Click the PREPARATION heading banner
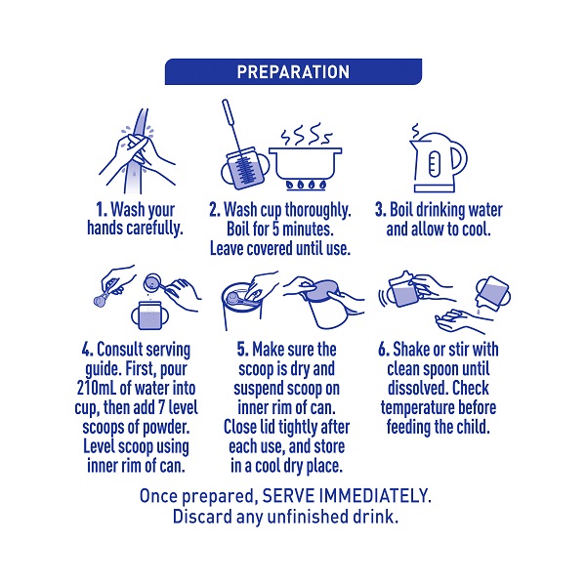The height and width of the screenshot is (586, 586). tap(293, 71)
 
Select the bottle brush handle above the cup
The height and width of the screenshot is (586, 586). tap(230, 123)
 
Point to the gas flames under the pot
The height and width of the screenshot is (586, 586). tap(306, 185)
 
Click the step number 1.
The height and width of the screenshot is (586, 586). tap(102, 210)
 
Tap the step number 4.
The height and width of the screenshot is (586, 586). tap(88, 350)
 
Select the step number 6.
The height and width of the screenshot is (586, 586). tap(384, 350)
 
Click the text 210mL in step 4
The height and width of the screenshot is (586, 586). tap(97, 388)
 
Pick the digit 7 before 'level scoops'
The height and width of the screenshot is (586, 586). tap(161, 407)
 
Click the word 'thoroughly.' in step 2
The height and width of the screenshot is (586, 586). tap(318, 211)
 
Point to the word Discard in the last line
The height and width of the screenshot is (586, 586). tap(202, 517)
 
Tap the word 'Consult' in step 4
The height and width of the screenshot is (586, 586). tap(119, 350)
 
